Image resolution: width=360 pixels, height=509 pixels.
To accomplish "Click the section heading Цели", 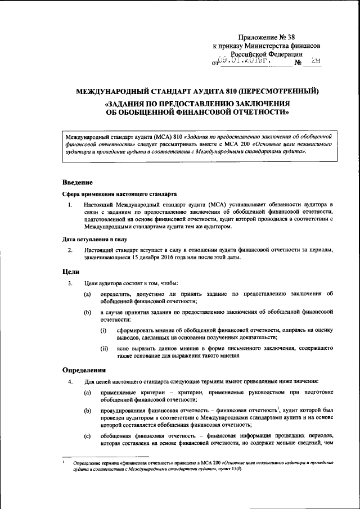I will click(70, 271).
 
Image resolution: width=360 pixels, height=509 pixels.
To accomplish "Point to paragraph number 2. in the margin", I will click(69, 250).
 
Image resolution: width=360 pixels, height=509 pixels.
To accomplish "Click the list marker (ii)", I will click(105, 349).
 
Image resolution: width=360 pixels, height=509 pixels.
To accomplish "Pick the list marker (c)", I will click(87, 436).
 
